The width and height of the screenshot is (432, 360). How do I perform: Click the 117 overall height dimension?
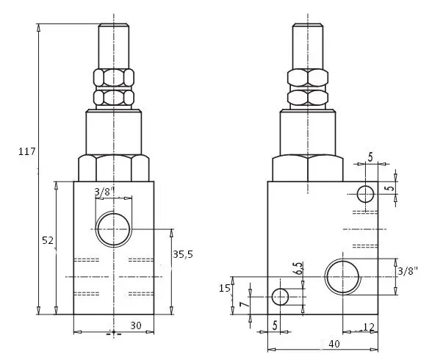click(26, 151)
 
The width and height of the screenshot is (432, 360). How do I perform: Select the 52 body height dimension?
click(48, 240)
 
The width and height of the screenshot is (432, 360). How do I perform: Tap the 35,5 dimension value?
click(183, 254)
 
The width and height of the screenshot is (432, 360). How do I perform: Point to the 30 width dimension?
click(136, 325)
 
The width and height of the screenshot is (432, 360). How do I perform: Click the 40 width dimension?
click(334, 344)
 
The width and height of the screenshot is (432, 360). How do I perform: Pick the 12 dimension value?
click(369, 327)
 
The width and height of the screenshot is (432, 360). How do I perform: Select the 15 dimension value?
click(224, 288)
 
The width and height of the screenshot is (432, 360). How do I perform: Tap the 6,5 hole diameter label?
click(299, 268)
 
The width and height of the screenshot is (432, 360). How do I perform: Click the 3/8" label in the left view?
click(104, 191)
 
